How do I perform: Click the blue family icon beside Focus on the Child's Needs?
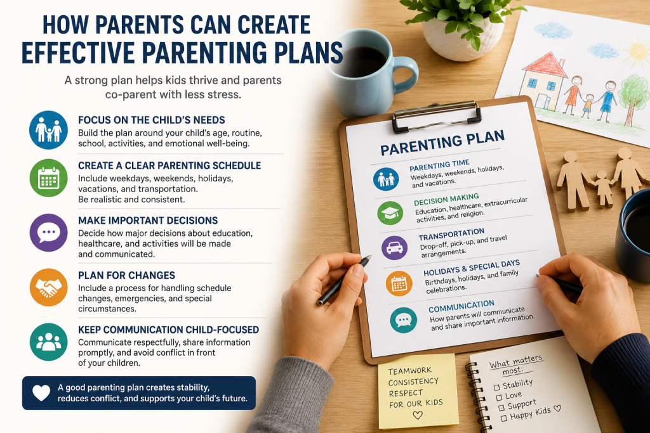click(48, 130)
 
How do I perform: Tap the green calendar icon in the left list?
click(48, 178)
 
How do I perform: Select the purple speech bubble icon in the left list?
click(48, 233)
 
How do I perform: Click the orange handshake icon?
click(48, 287)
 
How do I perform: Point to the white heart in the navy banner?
click(41, 393)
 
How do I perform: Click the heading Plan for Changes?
click(126, 275)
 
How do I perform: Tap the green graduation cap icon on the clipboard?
click(390, 213)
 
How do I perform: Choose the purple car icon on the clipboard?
click(394, 247)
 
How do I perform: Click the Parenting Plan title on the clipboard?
click(442, 143)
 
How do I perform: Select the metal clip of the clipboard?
click(437, 116)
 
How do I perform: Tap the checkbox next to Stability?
click(496, 387)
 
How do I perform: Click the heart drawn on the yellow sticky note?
click(418, 415)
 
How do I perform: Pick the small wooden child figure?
click(604, 188)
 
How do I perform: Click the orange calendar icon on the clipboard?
click(399, 283)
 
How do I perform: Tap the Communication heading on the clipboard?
click(461, 306)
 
